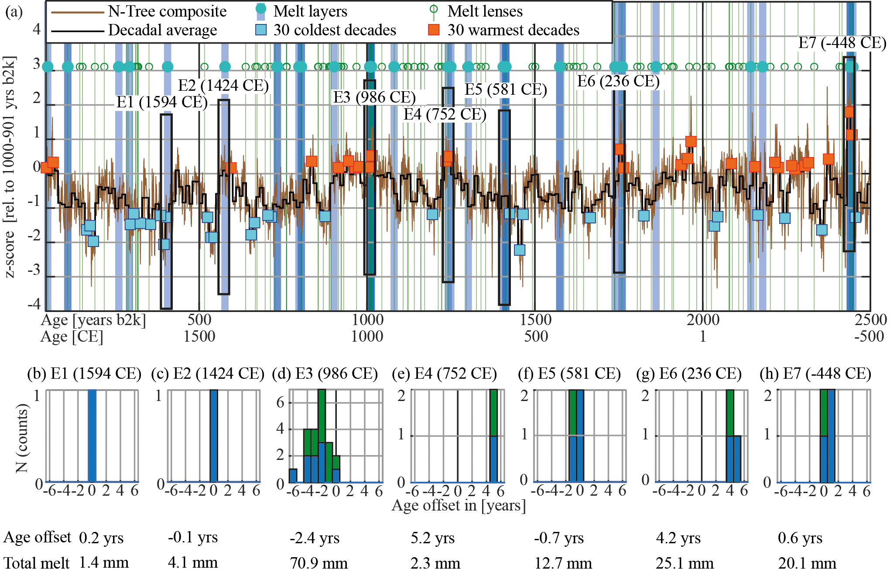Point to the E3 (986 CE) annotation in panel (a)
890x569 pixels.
click(374, 97)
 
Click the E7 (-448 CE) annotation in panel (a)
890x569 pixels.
click(842, 43)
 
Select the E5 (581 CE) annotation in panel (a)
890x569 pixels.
click(506, 89)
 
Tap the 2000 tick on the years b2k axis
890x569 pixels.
click(703, 320)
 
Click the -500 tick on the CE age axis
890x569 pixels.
click(869, 336)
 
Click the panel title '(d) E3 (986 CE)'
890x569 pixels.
click(325, 374)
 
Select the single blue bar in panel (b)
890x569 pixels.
click(92, 436)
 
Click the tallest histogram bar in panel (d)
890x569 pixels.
click(322, 436)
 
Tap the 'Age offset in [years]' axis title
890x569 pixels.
click(459, 505)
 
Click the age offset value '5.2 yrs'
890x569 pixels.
click(432, 538)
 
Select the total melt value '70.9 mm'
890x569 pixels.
click(318, 562)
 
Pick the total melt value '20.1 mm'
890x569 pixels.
click(807, 562)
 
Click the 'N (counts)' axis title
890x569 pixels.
click(22, 438)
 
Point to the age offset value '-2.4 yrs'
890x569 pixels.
click(314, 538)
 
